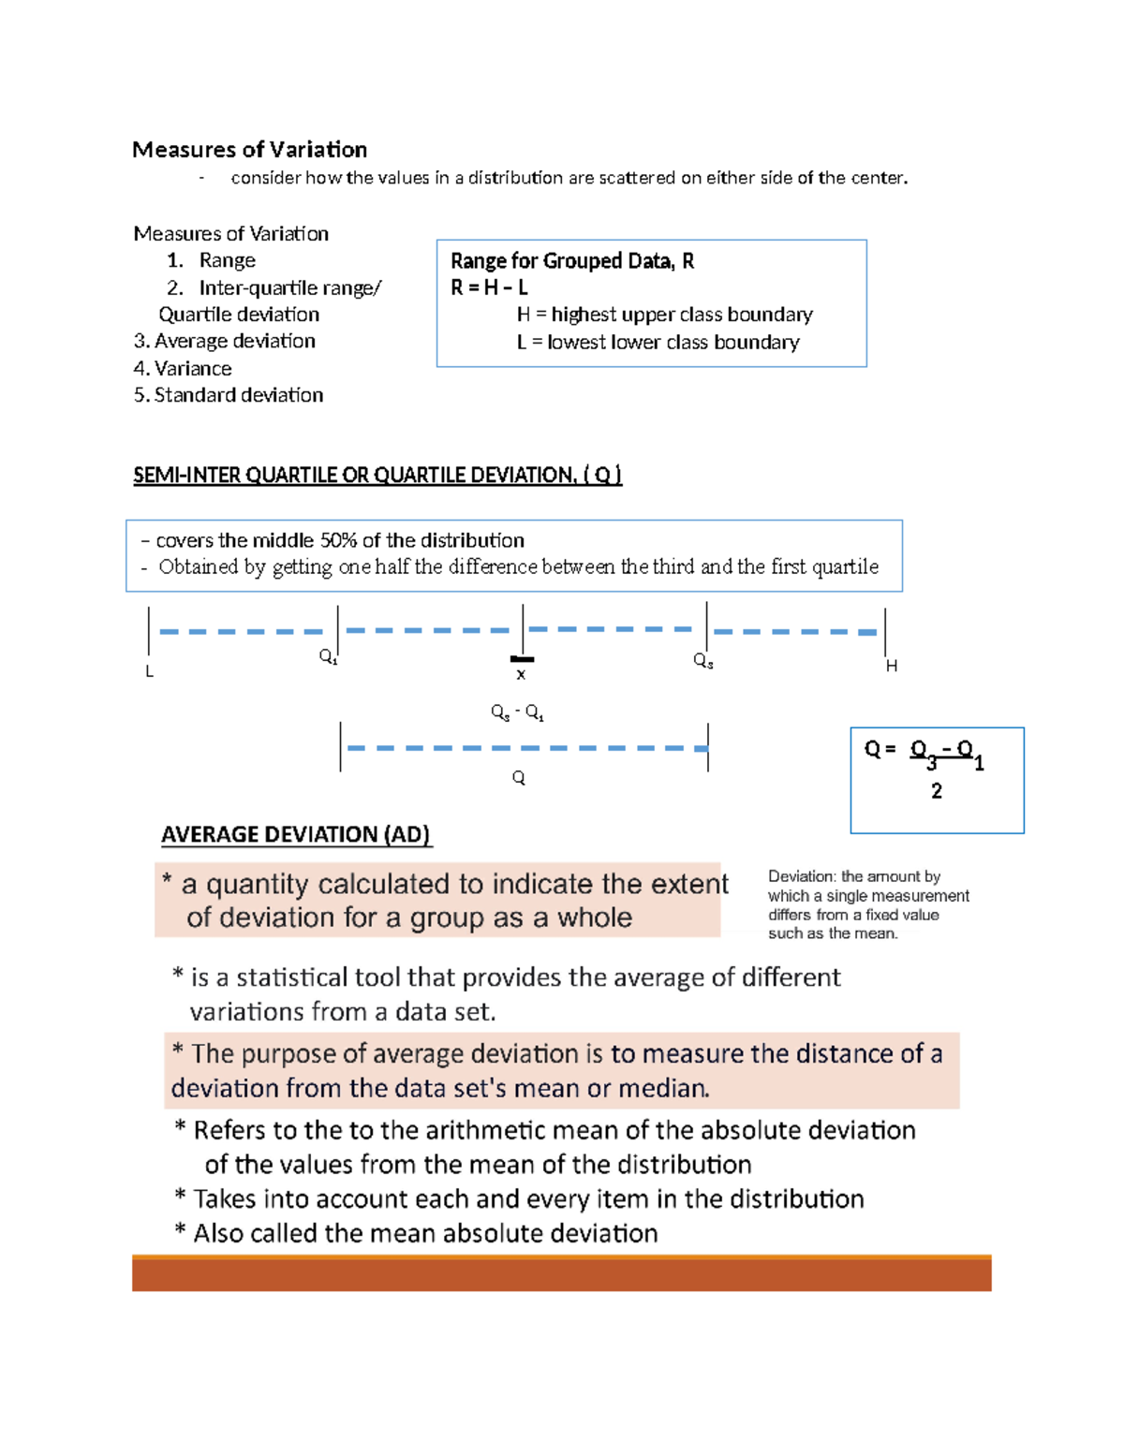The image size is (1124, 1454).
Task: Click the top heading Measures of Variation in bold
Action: click(249, 150)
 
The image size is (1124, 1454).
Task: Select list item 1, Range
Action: click(227, 260)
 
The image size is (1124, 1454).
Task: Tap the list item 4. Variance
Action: click(183, 368)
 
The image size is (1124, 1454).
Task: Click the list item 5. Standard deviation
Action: click(229, 395)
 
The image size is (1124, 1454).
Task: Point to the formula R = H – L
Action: click(489, 287)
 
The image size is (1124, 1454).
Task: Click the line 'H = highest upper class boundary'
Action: click(664, 315)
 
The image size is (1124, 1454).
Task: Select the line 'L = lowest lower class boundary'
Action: click(658, 342)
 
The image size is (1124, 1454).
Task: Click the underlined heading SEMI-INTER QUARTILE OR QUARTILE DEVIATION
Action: click(377, 475)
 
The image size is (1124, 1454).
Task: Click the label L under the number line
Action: click(149, 671)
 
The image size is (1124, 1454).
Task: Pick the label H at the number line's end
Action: click(891, 666)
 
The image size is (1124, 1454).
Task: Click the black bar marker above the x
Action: click(522, 659)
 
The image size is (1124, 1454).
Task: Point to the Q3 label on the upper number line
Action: click(702, 661)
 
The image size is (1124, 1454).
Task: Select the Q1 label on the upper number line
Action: click(328, 656)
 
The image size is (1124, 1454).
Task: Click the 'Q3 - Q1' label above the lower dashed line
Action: click(517, 712)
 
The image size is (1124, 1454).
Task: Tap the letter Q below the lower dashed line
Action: click(518, 778)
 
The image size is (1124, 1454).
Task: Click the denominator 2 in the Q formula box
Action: click(936, 791)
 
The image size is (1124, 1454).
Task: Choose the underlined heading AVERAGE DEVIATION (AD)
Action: click(295, 834)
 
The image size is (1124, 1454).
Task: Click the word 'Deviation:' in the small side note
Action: click(801, 876)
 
